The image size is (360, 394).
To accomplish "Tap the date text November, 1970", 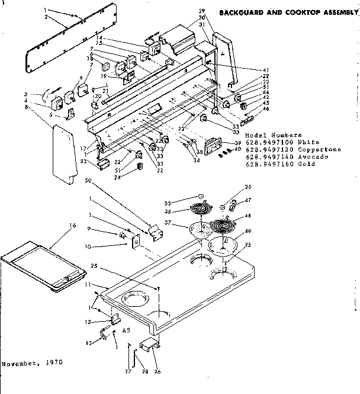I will tap(31, 361).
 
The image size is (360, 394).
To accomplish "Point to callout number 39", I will tap(237, 143).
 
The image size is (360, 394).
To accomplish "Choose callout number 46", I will tap(266, 109).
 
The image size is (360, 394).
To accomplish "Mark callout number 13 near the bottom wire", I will tap(89, 342).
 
